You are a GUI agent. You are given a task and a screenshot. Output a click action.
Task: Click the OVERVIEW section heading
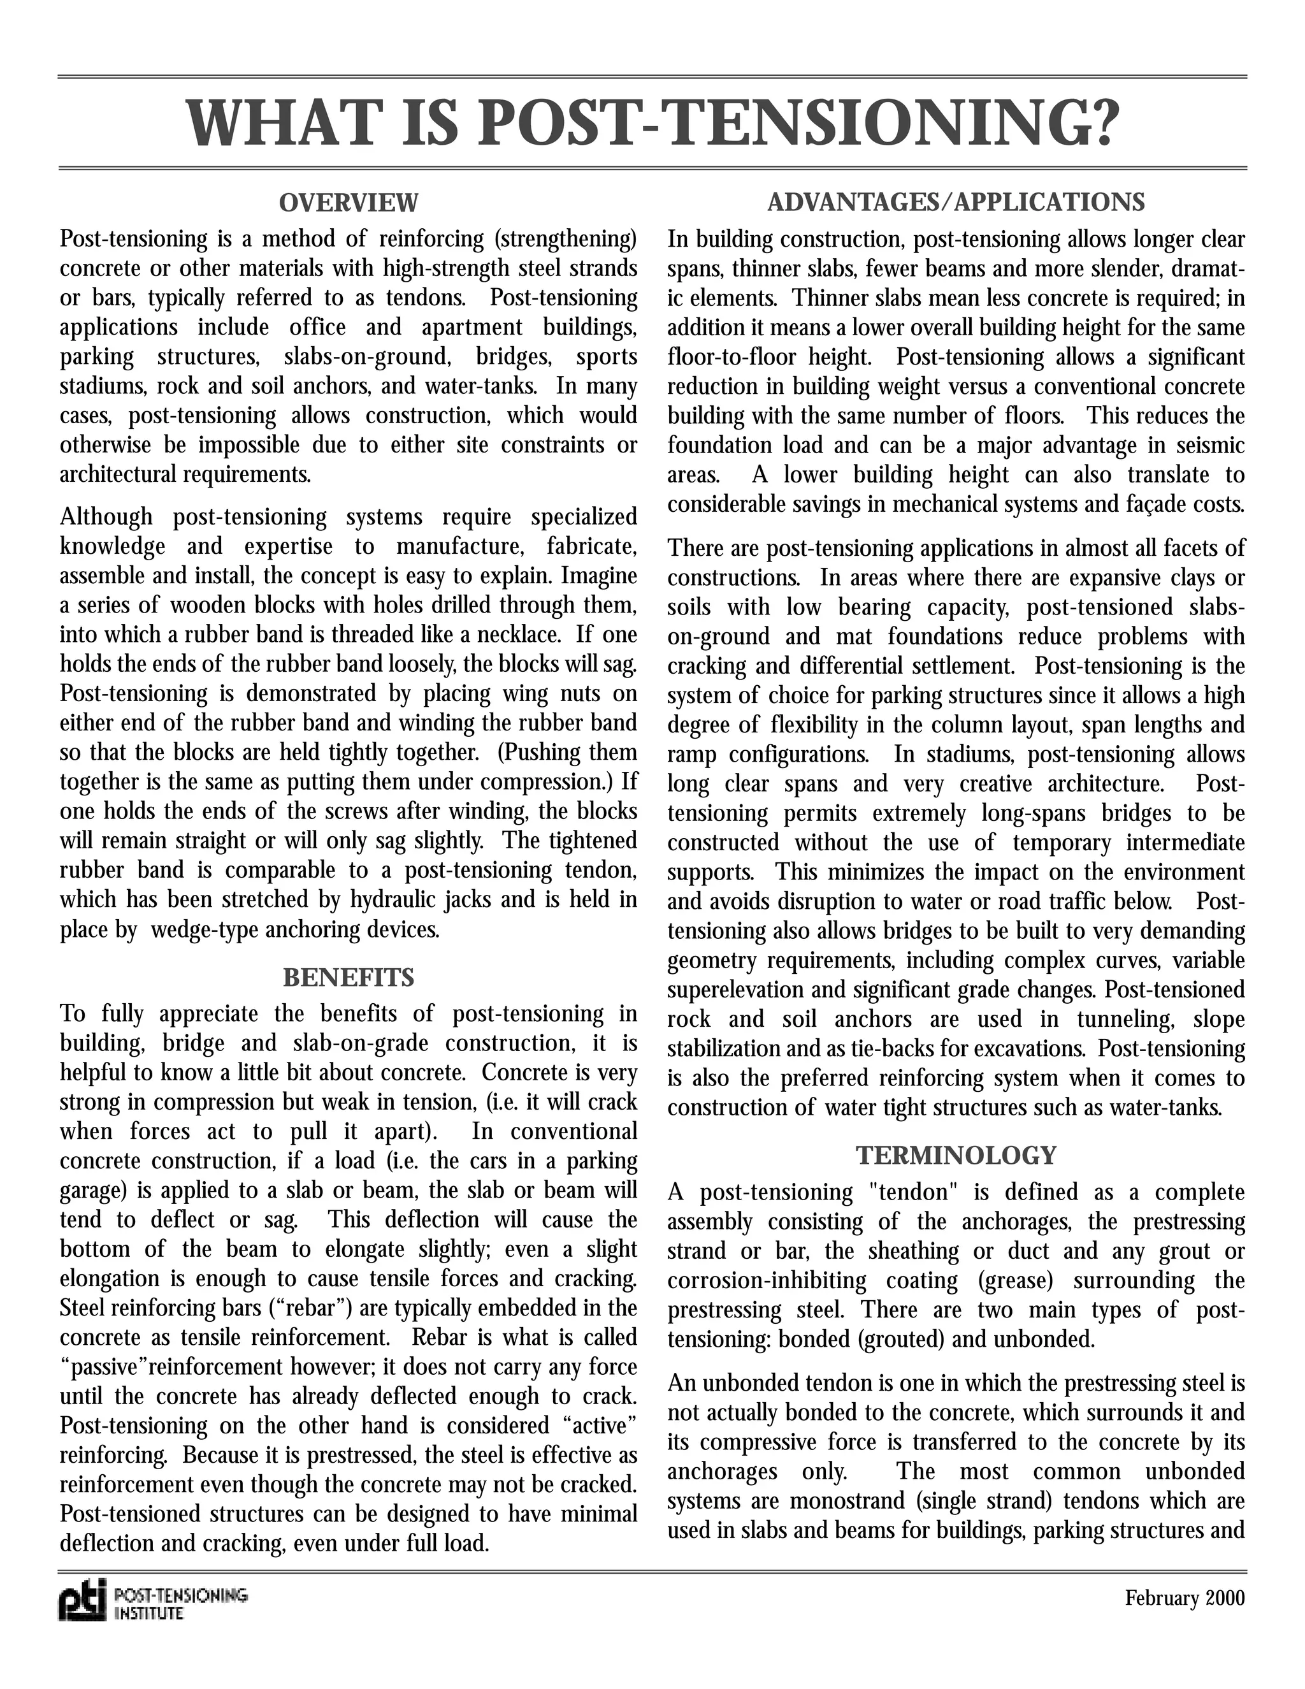pyautogui.click(x=348, y=203)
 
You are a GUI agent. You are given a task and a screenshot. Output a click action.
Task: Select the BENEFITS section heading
pyautogui.click(x=348, y=978)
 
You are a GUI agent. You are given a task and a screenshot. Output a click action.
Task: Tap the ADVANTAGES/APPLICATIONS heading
pyautogui.click(x=956, y=203)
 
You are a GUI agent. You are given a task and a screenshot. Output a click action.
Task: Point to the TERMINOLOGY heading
pyautogui.click(x=956, y=1156)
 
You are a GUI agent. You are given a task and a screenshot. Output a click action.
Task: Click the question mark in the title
pyautogui.click(x=1097, y=123)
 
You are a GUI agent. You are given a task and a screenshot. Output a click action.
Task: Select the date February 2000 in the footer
pyautogui.click(x=1185, y=1598)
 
